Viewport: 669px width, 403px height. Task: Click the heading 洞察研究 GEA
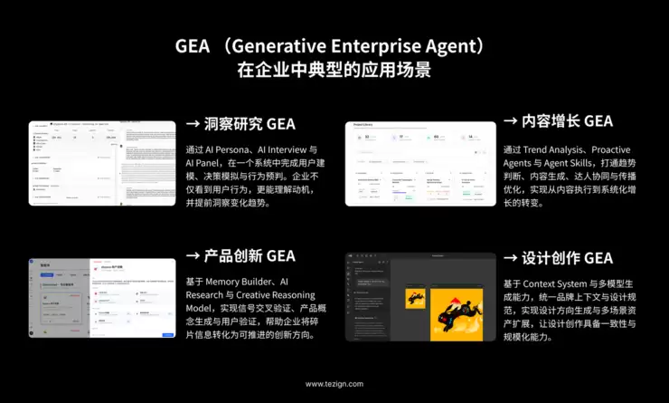coord(250,123)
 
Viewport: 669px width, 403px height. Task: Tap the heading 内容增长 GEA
coord(567,120)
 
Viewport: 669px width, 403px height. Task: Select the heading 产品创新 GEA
coord(250,256)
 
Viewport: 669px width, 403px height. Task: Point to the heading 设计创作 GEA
coord(567,258)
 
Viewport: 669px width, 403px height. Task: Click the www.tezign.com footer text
coord(334,384)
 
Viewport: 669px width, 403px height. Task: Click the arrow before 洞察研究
coord(193,123)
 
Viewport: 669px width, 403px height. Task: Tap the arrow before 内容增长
coord(510,120)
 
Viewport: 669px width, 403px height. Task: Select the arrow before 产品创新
coord(193,256)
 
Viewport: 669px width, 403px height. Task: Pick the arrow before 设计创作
coord(510,258)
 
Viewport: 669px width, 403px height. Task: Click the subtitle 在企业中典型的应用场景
coord(334,70)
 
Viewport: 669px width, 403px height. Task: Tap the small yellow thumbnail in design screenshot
coord(416,299)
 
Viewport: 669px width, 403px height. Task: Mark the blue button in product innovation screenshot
coord(167,334)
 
